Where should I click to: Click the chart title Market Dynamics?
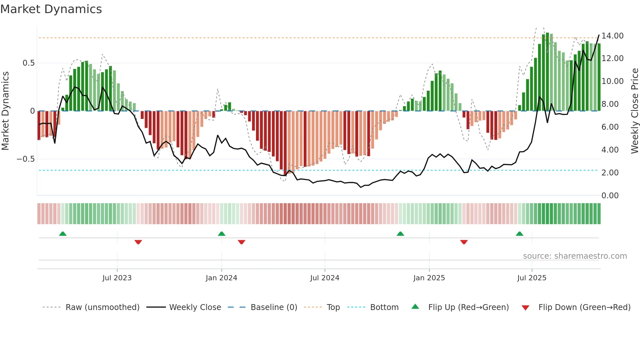pyautogui.click(x=51, y=9)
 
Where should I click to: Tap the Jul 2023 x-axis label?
pyautogui.click(x=117, y=278)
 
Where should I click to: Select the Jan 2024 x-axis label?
pyautogui.click(x=221, y=278)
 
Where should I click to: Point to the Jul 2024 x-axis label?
pyautogui.click(x=325, y=278)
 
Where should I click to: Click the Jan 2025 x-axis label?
pyautogui.click(x=429, y=278)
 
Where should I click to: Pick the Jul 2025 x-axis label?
pyautogui.click(x=532, y=278)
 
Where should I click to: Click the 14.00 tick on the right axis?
pyautogui.click(x=612, y=36)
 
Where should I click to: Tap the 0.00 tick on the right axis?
pyautogui.click(x=610, y=196)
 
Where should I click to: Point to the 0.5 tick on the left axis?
pyautogui.click(x=28, y=63)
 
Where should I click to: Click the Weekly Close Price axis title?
pyautogui.click(x=634, y=111)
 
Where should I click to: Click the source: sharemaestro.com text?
pyautogui.click(x=575, y=256)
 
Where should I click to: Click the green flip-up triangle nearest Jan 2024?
pyautogui.click(x=221, y=234)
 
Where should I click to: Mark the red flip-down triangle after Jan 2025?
pyautogui.click(x=464, y=242)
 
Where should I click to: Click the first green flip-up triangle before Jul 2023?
pyautogui.click(x=63, y=234)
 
